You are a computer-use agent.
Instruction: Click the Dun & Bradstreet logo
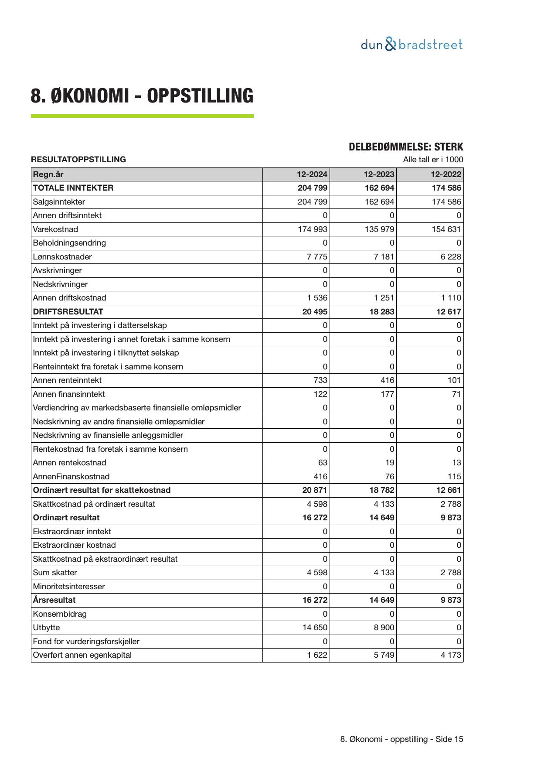tap(412, 44)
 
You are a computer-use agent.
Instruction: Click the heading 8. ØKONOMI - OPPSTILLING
tap(142, 96)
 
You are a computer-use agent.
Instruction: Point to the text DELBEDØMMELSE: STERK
tap(405, 147)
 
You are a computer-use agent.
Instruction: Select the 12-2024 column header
tap(312, 174)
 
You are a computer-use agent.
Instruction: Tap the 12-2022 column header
tap(446, 174)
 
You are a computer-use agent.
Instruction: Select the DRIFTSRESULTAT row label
tap(68, 312)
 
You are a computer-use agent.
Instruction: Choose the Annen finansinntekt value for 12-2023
tap(387, 394)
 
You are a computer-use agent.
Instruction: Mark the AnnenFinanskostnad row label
tap(71, 477)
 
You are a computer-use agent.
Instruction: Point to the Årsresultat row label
tap(54, 600)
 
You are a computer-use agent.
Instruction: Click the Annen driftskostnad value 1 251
tap(384, 298)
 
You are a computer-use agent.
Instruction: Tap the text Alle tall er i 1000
tap(433, 160)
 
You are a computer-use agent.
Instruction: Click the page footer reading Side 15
tap(401, 739)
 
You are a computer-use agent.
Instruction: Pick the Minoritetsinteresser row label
tap(68, 587)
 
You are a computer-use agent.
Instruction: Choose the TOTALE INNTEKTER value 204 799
tap(312, 188)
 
